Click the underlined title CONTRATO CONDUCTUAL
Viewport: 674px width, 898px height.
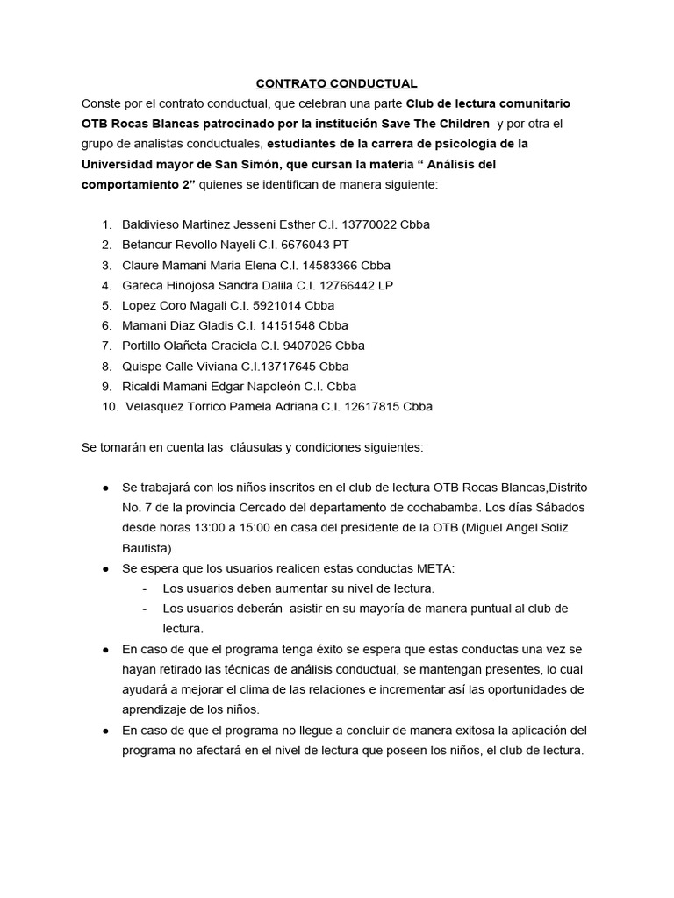336,84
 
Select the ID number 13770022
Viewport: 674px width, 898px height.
369,224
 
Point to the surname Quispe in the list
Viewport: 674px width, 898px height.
140,366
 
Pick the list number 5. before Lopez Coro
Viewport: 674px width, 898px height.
106,305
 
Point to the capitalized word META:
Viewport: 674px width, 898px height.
435,568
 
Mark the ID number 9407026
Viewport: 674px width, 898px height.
308,346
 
